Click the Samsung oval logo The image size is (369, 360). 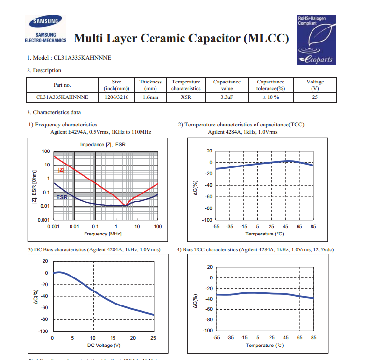[45, 21]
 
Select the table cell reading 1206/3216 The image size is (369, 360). [116, 97]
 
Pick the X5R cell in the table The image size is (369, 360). [186, 97]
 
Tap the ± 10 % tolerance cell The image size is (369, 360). [270, 97]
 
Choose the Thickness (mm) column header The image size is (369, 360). [151, 85]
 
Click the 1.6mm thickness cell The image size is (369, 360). [151, 97]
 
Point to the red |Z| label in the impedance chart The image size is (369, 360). [61, 170]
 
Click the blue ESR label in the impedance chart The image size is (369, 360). [62, 198]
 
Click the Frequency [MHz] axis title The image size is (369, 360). [102, 234]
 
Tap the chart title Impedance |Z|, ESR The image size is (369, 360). [102, 145]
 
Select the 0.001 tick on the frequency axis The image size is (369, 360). [53, 226]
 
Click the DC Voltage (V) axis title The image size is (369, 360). [104, 345]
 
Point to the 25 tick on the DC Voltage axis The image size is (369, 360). [154, 338]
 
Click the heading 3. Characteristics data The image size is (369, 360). [54, 112]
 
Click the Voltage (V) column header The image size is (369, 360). [315, 85]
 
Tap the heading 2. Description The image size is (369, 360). [44, 70]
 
